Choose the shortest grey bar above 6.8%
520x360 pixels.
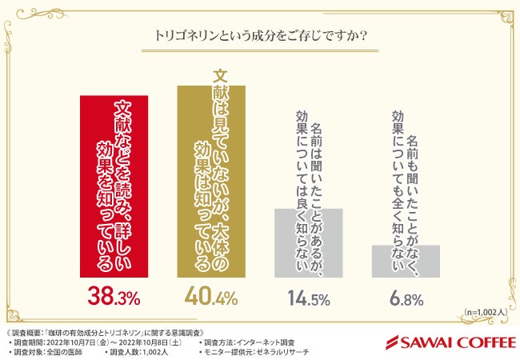(405, 261)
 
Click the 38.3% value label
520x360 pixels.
(114, 299)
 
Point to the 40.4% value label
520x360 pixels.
(211, 299)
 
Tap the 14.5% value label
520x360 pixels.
(308, 300)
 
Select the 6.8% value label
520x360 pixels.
(405, 300)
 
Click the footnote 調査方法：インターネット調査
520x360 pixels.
(249, 341)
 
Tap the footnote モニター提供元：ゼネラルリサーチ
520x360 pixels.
(255, 350)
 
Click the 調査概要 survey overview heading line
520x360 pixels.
(109, 330)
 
